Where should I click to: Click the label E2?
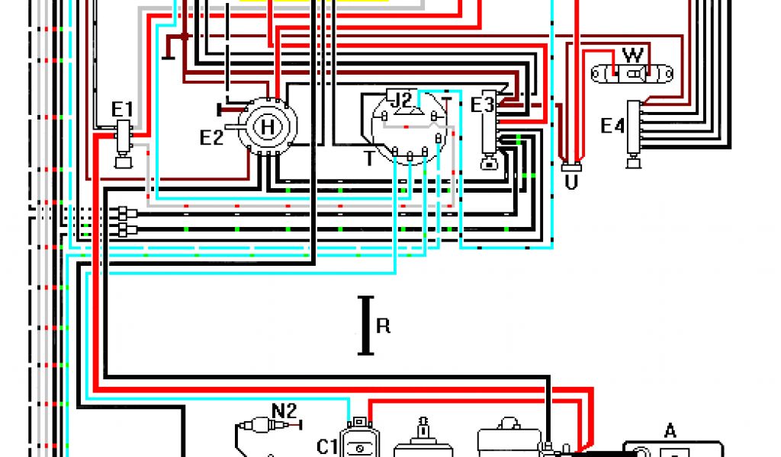pos(211,138)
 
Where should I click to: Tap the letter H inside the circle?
pos(267,127)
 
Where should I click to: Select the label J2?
pos(402,100)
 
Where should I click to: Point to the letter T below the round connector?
pos(369,158)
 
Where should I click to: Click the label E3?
pos(482,104)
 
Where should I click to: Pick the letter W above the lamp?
pos(632,56)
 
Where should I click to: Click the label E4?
pos(612,126)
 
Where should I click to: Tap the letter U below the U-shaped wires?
pos(570,183)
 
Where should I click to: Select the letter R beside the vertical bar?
pos(383,326)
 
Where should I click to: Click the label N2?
pos(284,411)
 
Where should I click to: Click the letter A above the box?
pos(670,431)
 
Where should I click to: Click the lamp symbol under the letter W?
pos(633,74)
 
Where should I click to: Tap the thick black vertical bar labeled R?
pos(366,326)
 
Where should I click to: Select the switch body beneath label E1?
pos(122,140)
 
